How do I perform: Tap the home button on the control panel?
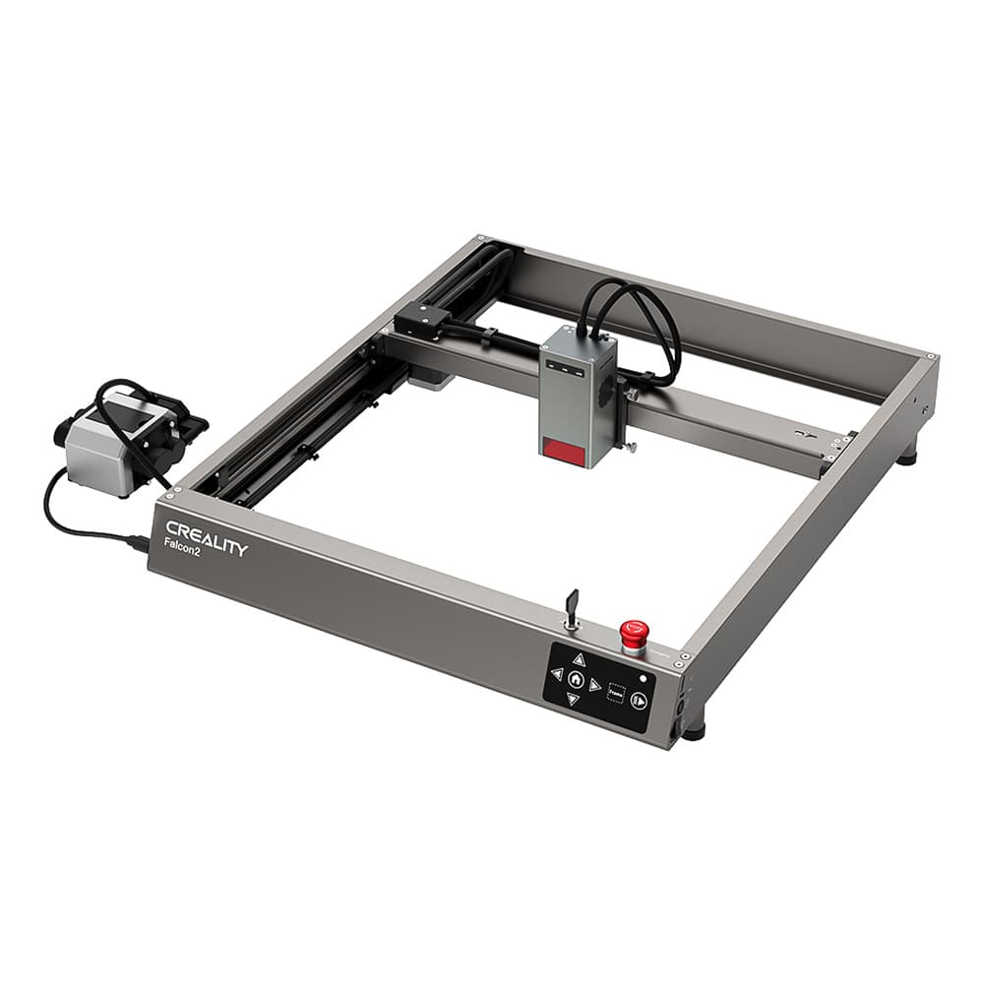tap(576, 680)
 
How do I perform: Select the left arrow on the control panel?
tap(556, 674)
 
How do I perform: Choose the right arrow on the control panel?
tap(595, 685)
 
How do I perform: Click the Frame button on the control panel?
tap(617, 692)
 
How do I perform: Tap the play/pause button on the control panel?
tap(640, 701)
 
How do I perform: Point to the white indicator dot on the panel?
tap(643, 678)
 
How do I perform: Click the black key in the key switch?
tap(573, 602)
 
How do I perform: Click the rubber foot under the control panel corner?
tap(695, 732)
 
